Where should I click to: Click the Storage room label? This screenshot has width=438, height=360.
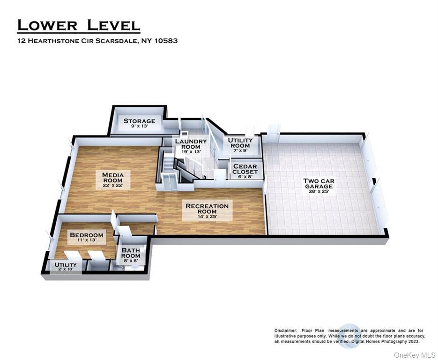click(x=140, y=121)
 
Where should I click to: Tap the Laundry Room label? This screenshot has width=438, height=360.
click(x=191, y=144)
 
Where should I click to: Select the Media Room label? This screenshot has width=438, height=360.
click(x=113, y=178)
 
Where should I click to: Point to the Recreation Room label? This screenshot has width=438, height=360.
click(x=207, y=209)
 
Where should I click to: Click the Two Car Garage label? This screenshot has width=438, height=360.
click(x=319, y=184)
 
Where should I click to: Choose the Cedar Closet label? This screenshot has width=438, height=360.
click(x=245, y=169)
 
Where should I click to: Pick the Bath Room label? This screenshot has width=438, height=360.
click(x=131, y=253)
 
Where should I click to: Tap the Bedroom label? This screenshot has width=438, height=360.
click(x=87, y=235)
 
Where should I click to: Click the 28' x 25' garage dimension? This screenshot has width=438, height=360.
click(x=319, y=191)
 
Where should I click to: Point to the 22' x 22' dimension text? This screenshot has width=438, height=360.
click(x=113, y=185)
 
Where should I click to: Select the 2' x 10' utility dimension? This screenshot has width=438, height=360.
click(x=66, y=269)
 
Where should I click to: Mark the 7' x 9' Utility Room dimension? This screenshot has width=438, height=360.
click(x=240, y=150)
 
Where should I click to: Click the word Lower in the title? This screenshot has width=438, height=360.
click(x=47, y=25)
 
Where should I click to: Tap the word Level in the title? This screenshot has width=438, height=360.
click(x=113, y=25)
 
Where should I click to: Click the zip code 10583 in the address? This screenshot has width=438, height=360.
click(x=166, y=40)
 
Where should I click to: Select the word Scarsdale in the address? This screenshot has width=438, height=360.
click(x=117, y=41)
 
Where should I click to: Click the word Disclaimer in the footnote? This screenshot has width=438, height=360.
click(x=286, y=330)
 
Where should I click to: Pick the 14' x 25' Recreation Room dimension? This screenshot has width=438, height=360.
click(x=207, y=217)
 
